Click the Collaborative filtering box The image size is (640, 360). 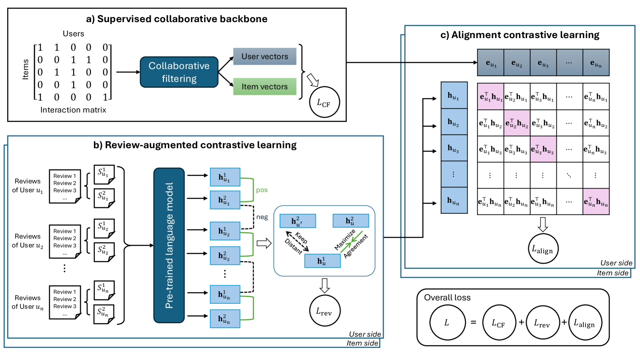[179, 72]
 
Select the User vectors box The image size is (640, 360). [264, 57]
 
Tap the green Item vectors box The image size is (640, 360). [264, 86]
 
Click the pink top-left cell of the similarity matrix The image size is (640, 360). [490, 96]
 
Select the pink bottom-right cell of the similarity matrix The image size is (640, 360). [596, 201]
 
